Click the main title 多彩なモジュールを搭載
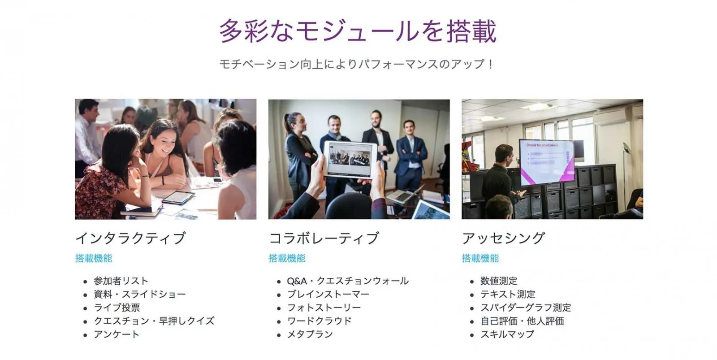(358, 31)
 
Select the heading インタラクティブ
(130, 239)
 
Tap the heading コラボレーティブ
(324, 239)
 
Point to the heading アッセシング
(504, 239)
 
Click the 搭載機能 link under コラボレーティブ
(287, 258)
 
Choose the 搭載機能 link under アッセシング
(480, 258)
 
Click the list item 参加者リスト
(121, 281)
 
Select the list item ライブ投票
(117, 308)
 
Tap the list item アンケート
(117, 334)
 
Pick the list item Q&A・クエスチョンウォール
(348, 281)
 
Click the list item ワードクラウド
(320, 321)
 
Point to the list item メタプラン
(310, 334)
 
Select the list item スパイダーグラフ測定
(526, 308)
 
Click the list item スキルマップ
(507, 334)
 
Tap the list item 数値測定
(499, 281)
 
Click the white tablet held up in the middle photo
(350, 160)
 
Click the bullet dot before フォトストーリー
(279, 308)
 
